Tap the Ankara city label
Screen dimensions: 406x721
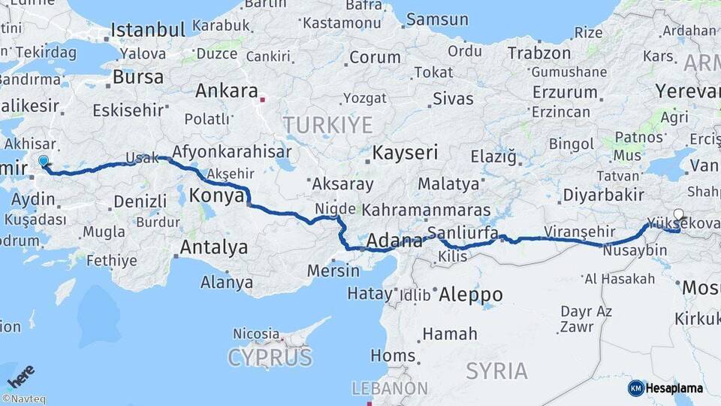point(226,91)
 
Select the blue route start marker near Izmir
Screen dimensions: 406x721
point(44,161)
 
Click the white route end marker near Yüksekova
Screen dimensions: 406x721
point(679,214)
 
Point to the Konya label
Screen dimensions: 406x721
point(216,196)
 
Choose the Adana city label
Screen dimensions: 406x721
point(395,241)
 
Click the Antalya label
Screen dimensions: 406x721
point(213,247)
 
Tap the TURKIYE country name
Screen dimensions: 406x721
point(327,124)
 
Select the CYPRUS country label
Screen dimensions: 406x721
point(270,356)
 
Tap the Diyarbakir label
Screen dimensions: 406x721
point(603,195)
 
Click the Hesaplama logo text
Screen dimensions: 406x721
point(674,388)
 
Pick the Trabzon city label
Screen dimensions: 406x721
point(539,53)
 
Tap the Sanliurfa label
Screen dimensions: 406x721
point(463,231)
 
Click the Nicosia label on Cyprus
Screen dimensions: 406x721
point(256,332)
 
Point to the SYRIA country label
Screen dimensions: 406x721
point(496,370)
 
